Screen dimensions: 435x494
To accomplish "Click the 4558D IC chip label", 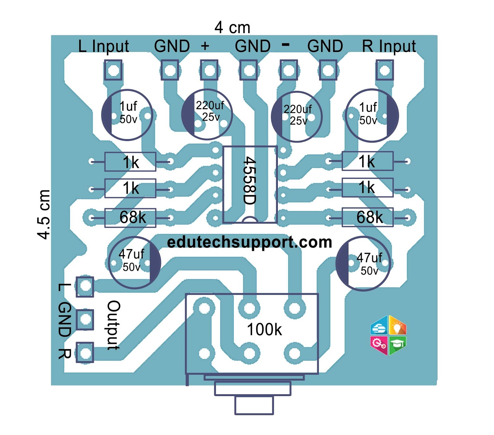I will point(249,181).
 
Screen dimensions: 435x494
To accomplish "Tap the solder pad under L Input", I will point(113,70).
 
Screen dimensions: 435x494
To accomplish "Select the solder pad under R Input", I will point(384,70).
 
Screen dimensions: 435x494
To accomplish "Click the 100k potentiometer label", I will point(264,330).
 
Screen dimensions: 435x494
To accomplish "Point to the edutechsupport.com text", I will point(249,242).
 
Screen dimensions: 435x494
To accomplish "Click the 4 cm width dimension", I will point(232,28).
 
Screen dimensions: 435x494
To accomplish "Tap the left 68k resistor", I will point(130,218).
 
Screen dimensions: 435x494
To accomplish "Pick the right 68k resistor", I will point(367,217).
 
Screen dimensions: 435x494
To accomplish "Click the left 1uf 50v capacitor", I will point(127,115).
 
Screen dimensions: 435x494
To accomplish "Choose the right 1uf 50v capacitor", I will point(372,116).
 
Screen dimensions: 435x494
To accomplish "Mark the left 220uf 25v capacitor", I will point(207,114).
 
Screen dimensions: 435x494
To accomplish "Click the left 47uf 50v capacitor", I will point(134,262).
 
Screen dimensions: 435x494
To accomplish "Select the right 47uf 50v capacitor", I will point(363,264).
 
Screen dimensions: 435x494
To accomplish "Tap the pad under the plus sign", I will point(209,70).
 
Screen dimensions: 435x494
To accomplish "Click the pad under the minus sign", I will point(288,70).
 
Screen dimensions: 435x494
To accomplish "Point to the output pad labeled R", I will point(85,352).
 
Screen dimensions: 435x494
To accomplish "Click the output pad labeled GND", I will point(85,319).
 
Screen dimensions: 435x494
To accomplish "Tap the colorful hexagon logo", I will point(388,335).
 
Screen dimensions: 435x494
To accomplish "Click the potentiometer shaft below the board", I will point(254,405).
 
